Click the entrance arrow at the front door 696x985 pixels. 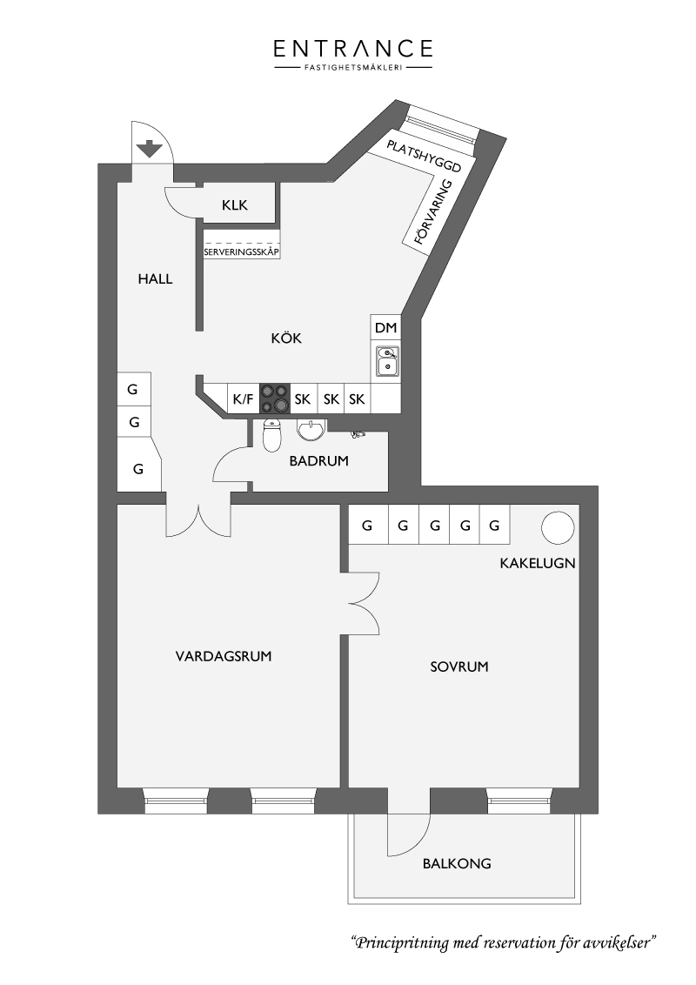pos(150,149)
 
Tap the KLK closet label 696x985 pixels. pos(235,204)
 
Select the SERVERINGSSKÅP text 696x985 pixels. pos(241,251)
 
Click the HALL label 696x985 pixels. pos(155,279)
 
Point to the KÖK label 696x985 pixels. pos(286,338)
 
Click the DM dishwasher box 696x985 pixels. pos(385,327)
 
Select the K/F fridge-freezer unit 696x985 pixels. pos(243,399)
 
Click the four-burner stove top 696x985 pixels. pos(275,399)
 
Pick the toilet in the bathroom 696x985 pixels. pos(271,434)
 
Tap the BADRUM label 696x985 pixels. pos(318,460)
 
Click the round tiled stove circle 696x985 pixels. pos(558,527)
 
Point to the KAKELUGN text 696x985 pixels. pos(538,563)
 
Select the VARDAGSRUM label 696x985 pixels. pos(224,656)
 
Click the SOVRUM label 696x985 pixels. pos(459,667)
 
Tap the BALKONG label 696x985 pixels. pos(457,863)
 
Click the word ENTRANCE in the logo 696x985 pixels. pos(353,49)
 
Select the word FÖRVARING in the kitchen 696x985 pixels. pos(433,212)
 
